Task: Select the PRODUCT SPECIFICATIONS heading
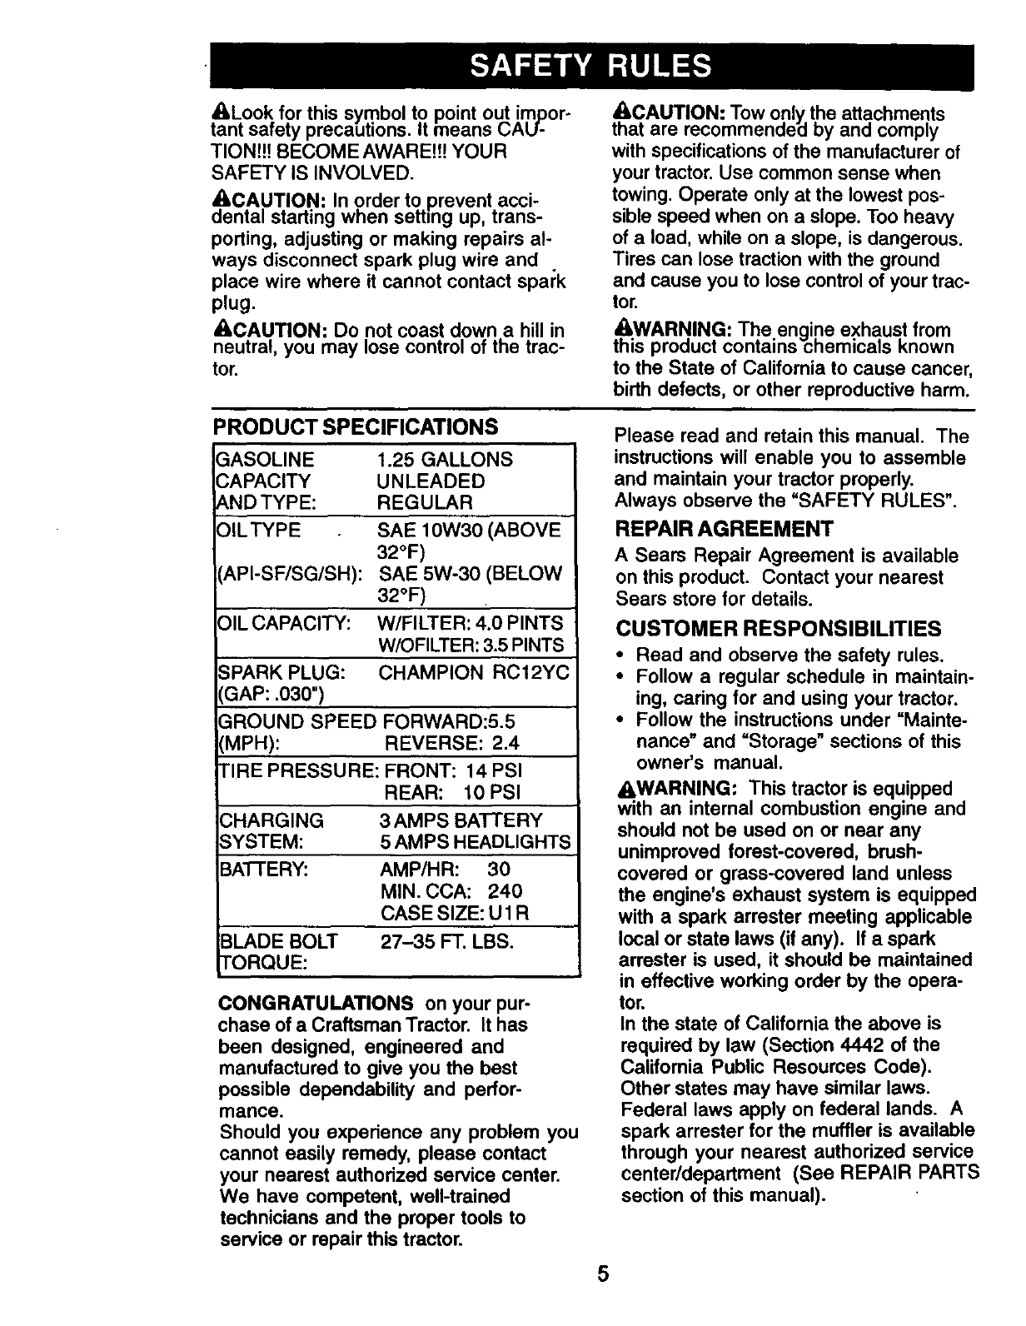(x=356, y=427)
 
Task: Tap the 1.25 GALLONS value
(x=445, y=460)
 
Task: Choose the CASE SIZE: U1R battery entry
(x=454, y=913)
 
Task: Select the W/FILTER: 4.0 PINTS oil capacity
(x=471, y=623)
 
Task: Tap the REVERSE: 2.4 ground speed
(x=451, y=743)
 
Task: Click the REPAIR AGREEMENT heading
(x=724, y=529)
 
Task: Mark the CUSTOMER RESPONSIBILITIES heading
(x=779, y=628)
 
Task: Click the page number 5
(x=603, y=1275)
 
